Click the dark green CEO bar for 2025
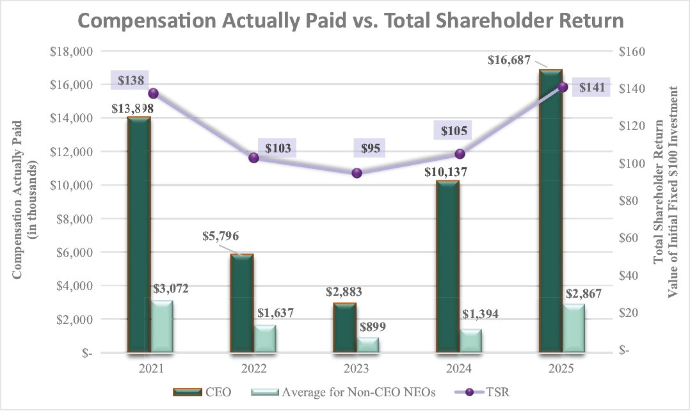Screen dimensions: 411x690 pyautogui.click(x=550, y=211)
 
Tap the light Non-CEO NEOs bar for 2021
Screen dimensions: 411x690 pyautogui.click(x=162, y=326)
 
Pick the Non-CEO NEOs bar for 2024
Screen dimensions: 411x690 pyautogui.click(x=470, y=340)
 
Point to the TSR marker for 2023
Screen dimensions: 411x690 pyautogui.click(x=357, y=173)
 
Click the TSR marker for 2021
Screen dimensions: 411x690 pyautogui.click(x=153, y=93)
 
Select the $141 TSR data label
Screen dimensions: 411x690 pyautogui.click(x=591, y=88)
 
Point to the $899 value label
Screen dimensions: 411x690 pyautogui.click(x=371, y=326)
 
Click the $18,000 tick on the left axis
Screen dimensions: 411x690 pyautogui.click(x=71, y=51)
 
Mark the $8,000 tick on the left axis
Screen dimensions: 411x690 pyautogui.click(x=74, y=218)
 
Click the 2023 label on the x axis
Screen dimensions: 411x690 pyautogui.click(x=357, y=369)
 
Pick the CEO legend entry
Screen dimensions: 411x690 pyautogui.click(x=202, y=392)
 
